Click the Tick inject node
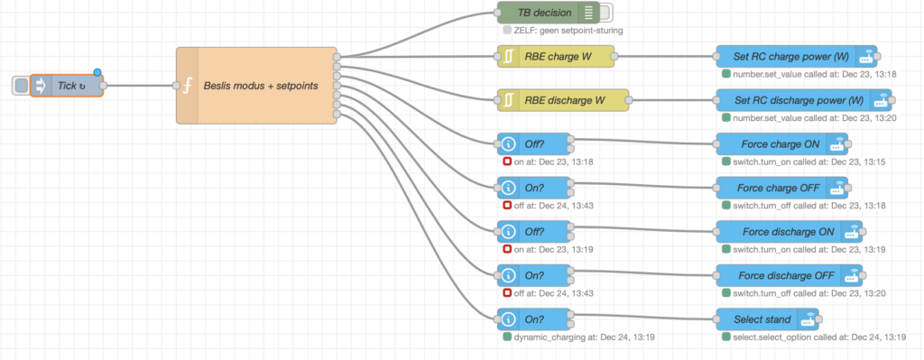pos(67,86)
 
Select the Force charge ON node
pos(781,143)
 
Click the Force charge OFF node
pos(781,187)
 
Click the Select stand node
pos(767,318)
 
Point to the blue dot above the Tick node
pos(97,72)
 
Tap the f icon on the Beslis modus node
pos(187,86)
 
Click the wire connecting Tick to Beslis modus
pos(140,86)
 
